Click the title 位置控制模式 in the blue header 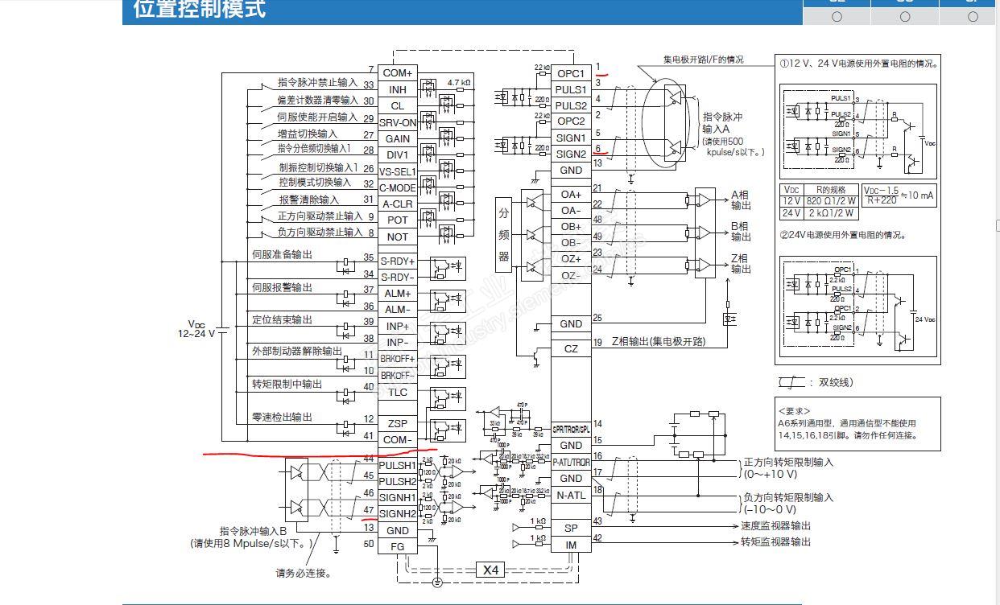(199, 10)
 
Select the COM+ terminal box (398, 73)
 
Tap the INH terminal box (398, 89)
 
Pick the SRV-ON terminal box (398, 122)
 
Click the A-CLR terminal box (398, 204)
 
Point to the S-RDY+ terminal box (398, 261)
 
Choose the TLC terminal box (398, 392)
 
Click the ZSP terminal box (398, 423)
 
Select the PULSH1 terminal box (398, 466)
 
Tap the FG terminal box (398, 546)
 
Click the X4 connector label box (491, 570)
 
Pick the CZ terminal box (571, 349)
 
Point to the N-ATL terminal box (571, 496)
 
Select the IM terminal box (571, 545)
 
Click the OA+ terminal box (571, 195)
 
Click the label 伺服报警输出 (282, 287)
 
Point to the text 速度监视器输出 (776, 525)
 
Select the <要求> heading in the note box (796, 411)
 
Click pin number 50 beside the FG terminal (369, 545)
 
